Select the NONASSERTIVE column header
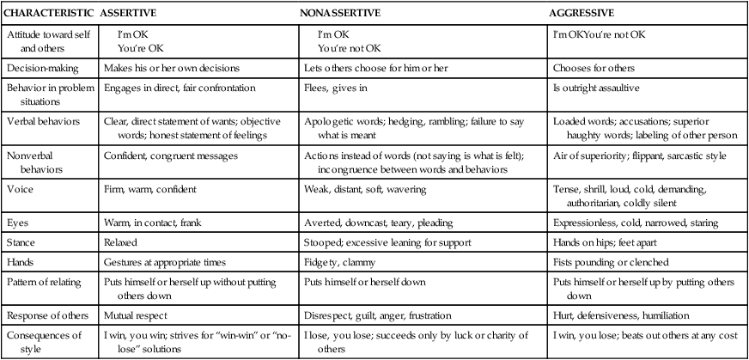point(341,14)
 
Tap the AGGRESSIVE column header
point(582,14)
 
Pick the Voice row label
point(20,187)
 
